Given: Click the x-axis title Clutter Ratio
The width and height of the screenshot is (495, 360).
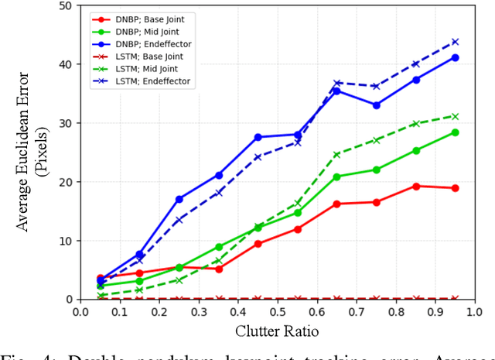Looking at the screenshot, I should click(x=277, y=331).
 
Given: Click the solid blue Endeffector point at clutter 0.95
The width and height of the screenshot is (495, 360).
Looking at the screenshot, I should click(x=455, y=57).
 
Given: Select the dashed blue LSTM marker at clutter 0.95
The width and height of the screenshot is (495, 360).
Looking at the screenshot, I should click(x=455, y=42).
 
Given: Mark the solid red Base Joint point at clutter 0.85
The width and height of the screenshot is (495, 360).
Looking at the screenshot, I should click(x=415, y=186).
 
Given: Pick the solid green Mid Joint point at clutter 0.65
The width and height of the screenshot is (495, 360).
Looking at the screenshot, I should click(x=336, y=177).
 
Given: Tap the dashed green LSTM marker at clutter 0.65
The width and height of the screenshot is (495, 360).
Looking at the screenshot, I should click(x=336, y=154).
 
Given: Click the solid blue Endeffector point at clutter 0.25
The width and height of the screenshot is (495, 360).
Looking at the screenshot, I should click(x=179, y=199).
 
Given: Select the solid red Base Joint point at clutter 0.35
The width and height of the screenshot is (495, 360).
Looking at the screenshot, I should click(x=219, y=269).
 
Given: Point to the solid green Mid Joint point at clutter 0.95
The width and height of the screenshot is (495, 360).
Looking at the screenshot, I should click(x=455, y=132).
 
